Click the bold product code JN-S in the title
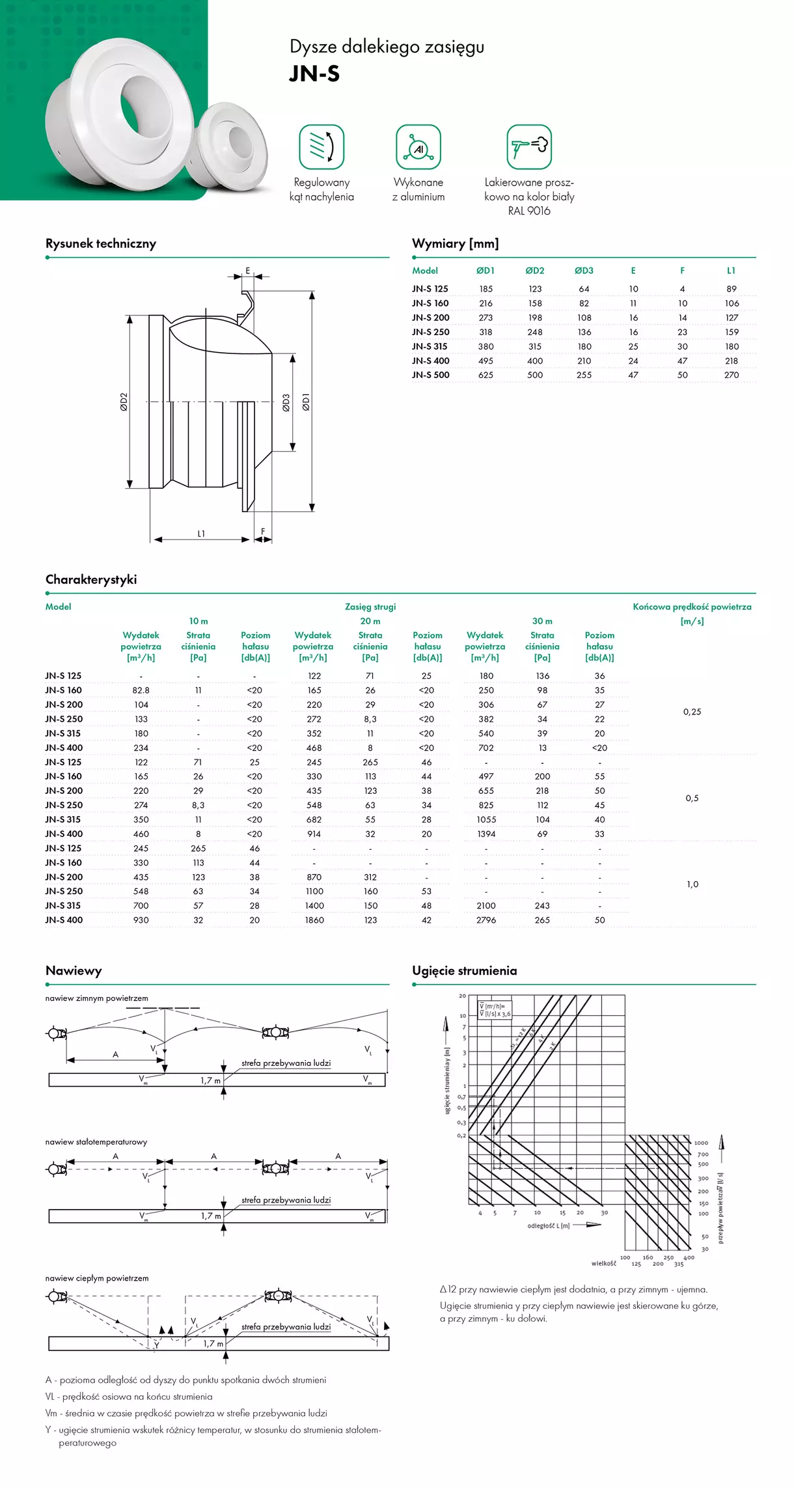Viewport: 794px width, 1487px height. (x=314, y=74)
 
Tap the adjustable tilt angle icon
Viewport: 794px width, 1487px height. (x=322, y=147)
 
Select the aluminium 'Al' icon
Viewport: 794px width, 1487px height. (x=418, y=147)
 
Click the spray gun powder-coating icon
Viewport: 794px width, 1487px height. (x=529, y=147)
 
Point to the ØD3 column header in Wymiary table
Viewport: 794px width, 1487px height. (x=584, y=271)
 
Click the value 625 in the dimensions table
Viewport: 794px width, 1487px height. (x=486, y=375)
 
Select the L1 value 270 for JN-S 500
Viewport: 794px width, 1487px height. (x=732, y=375)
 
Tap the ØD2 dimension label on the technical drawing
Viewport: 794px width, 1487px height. (x=124, y=402)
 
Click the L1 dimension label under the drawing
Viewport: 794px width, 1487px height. (x=201, y=534)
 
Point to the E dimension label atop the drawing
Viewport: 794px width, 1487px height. (x=248, y=271)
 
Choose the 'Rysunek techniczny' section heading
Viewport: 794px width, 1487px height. (x=101, y=244)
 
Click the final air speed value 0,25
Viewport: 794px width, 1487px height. (x=692, y=712)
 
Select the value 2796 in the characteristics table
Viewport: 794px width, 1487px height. (x=486, y=920)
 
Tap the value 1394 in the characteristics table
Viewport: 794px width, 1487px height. (x=486, y=834)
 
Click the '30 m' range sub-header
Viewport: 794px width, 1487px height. (x=542, y=621)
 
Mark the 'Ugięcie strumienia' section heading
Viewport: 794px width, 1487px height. (x=465, y=971)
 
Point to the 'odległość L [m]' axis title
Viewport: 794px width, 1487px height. (x=548, y=1226)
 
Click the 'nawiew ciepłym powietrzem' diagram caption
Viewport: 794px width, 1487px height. (x=97, y=1279)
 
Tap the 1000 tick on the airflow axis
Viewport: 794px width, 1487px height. (x=701, y=1143)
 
